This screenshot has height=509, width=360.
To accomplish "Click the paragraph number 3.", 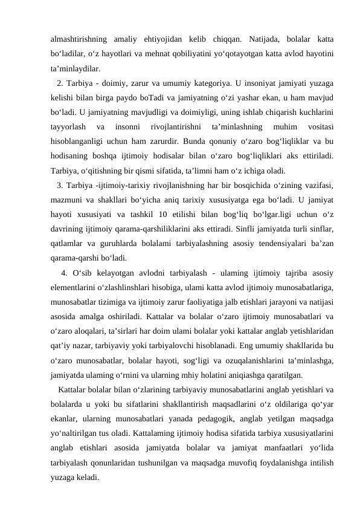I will coord(59,184).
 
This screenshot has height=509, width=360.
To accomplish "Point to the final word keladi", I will coord(88,477).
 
